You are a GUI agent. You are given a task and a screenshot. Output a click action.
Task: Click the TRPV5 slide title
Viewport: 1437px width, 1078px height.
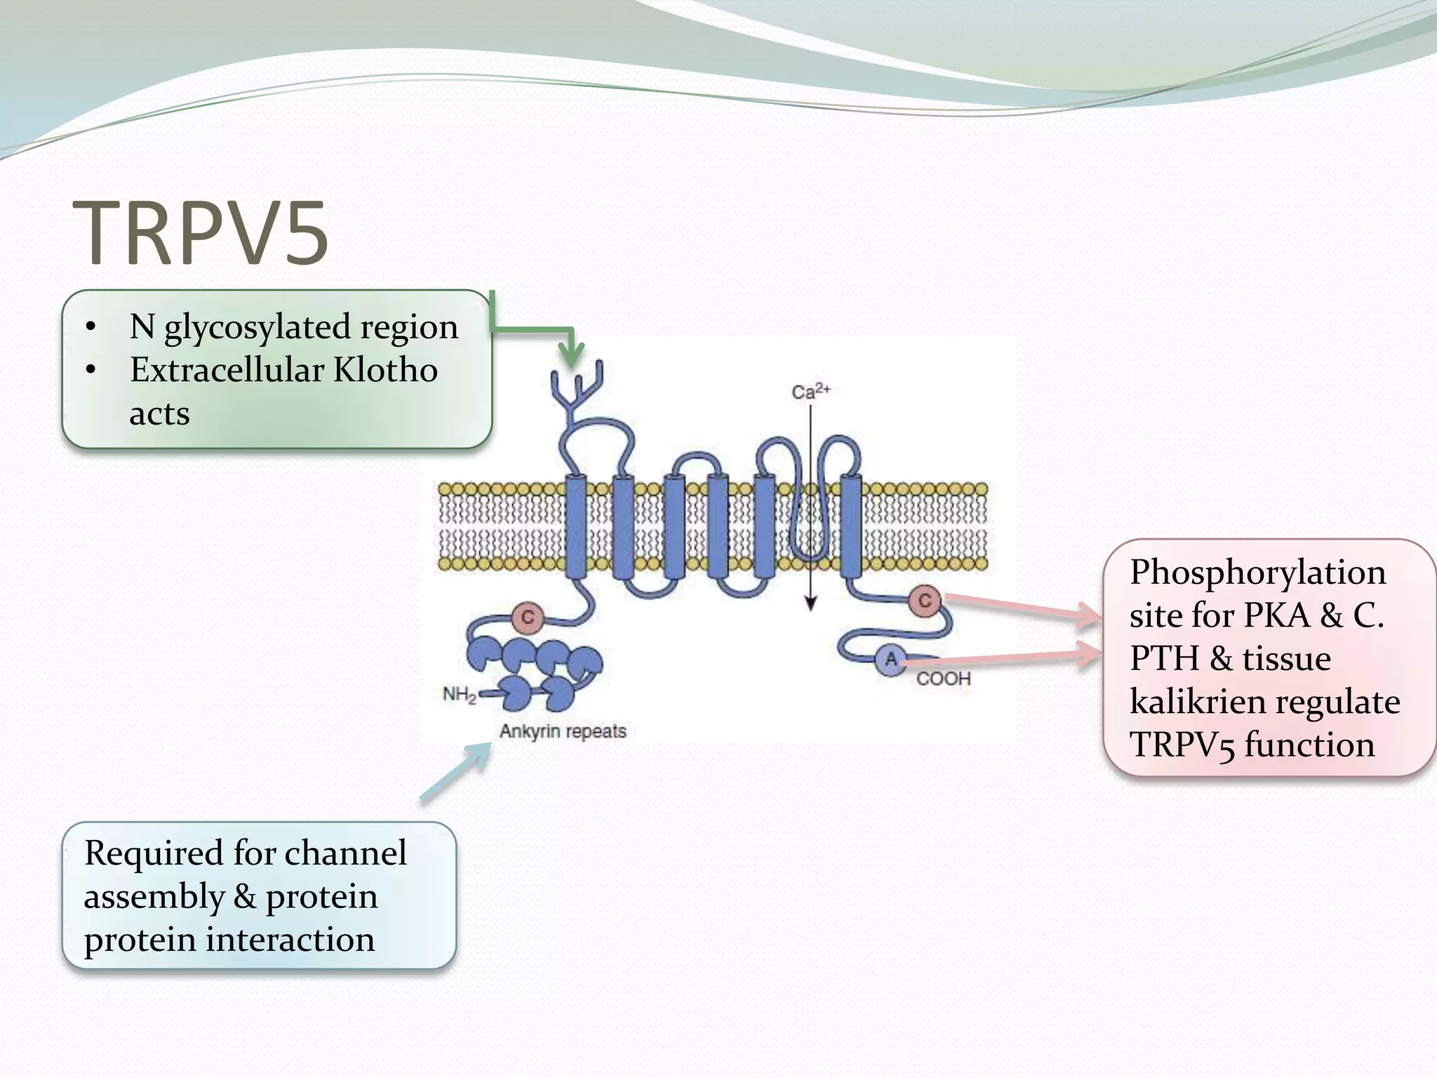coord(201,233)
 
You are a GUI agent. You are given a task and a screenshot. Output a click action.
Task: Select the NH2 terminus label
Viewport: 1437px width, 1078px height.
coord(460,694)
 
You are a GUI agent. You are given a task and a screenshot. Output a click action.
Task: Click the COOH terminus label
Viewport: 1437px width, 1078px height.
coord(943,679)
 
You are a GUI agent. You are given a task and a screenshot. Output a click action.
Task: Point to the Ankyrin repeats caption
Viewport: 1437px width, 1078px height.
coord(563,731)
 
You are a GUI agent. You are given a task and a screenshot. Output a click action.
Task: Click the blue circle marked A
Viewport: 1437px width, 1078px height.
coord(890,660)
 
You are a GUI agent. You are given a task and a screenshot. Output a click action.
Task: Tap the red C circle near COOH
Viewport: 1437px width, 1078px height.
coord(925,601)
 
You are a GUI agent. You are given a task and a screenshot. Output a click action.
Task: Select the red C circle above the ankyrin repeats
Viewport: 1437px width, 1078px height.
coord(528,618)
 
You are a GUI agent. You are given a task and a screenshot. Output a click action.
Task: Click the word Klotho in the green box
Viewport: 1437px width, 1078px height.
coord(385,370)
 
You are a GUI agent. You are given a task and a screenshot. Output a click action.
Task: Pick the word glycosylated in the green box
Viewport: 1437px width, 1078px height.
coord(257,327)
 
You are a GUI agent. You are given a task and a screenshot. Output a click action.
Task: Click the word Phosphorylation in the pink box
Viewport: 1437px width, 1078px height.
coord(1257,573)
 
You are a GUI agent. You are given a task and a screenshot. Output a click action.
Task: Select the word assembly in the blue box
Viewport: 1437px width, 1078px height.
coord(154,897)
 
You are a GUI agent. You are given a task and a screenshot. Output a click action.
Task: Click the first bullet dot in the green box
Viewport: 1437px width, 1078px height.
coord(91,327)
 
